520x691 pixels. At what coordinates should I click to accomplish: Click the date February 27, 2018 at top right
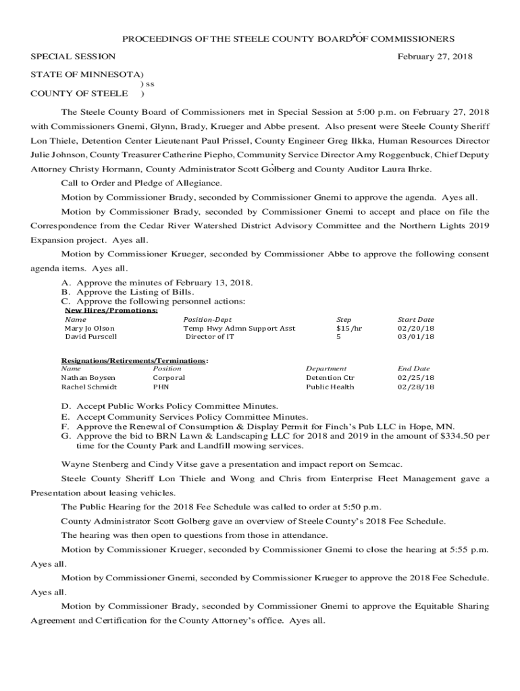click(x=435, y=57)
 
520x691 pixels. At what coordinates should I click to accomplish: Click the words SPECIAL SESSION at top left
click(x=73, y=57)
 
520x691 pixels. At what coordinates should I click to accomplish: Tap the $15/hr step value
click(x=349, y=329)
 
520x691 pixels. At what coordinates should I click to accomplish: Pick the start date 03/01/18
click(x=415, y=337)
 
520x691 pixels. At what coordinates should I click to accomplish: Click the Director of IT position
click(x=210, y=337)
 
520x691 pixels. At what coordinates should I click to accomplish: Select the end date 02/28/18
click(x=415, y=387)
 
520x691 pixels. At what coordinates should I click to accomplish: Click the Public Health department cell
click(x=330, y=387)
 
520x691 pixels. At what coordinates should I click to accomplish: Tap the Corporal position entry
click(x=169, y=378)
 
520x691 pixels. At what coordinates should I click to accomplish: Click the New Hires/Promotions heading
click(x=111, y=310)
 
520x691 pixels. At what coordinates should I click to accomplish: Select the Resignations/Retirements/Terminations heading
click(x=134, y=361)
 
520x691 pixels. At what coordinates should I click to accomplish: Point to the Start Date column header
click(x=415, y=320)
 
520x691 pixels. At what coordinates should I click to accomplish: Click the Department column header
click(x=326, y=369)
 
